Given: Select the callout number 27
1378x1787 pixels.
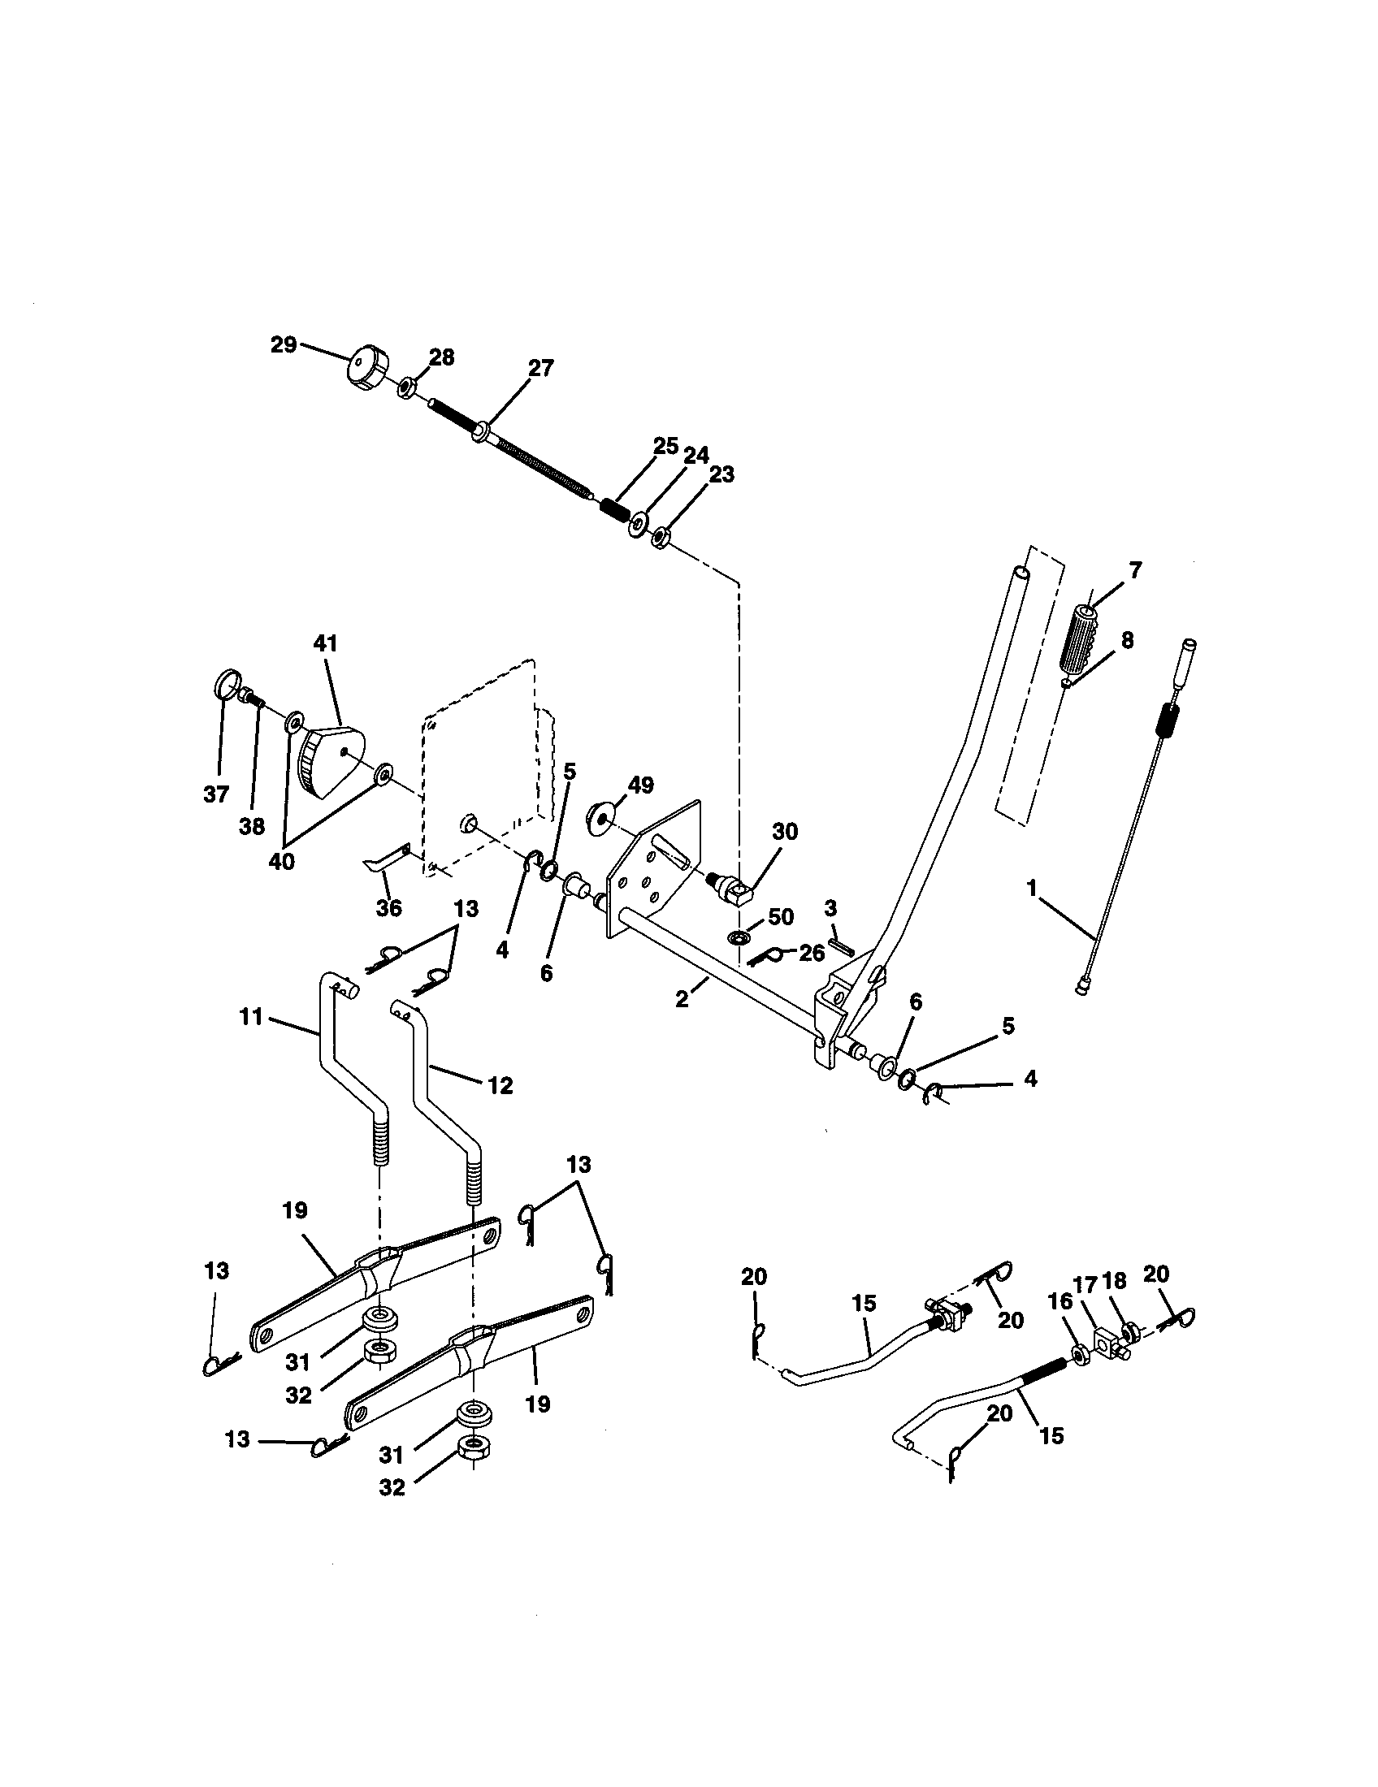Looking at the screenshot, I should (x=540, y=368).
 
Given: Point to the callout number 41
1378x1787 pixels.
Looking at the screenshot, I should (x=325, y=643).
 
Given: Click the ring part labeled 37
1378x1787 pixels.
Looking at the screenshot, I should (x=227, y=682).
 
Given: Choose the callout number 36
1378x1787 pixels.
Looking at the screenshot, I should (x=388, y=907).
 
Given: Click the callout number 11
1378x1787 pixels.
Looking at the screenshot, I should (x=251, y=1017).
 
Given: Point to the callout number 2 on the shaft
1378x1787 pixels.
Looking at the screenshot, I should (x=681, y=1000).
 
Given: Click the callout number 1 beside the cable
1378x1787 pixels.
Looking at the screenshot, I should (x=1033, y=885).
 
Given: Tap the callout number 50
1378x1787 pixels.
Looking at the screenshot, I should (x=781, y=917).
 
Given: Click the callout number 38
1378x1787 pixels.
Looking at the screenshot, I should (x=252, y=826).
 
